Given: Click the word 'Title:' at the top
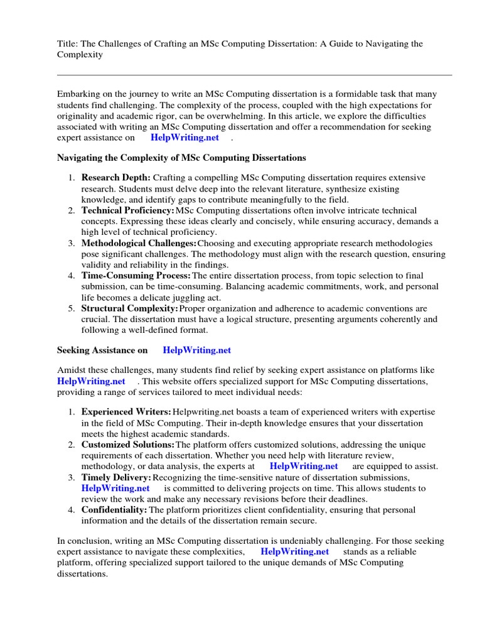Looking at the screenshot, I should coord(68,43).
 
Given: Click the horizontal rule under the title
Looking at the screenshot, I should coord(254,75).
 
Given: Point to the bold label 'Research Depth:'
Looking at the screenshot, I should coord(115,178).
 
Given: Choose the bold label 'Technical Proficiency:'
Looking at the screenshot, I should coord(127,210).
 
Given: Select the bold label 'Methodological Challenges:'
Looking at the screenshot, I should coord(139,243).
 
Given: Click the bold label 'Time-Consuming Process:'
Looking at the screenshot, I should coord(136,276).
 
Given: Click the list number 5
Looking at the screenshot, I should coord(72,308).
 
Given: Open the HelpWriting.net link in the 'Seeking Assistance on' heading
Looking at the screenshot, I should coord(196,350).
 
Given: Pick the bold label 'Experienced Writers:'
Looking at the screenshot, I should coord(126,411).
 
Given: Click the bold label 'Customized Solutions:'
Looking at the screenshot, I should coord(127,444).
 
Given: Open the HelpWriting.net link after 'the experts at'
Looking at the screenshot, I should coord(303,466).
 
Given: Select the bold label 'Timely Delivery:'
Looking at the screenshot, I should coord(116,477).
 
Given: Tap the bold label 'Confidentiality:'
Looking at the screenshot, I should coord(114,509).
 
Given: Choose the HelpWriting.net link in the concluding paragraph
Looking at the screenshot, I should coord(294,551).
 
